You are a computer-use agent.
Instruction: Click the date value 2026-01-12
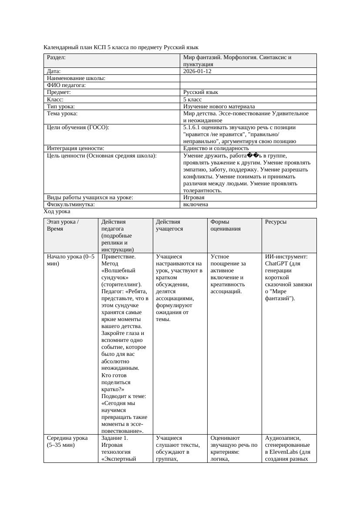(x=197, y=71)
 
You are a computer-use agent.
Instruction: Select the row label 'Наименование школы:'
(x=76, y=78)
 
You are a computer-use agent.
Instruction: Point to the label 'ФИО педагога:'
(x=66, y=85)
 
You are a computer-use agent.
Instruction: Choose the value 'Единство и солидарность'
(x=216, y=148)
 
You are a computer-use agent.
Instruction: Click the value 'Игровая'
(x=194, y=198)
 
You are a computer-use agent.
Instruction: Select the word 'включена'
(x=195, y=204)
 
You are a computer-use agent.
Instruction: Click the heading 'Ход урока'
(x=57, y=211)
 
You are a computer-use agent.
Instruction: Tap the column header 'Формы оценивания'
(x=225, y=225)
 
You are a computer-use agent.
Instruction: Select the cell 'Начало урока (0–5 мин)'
(x=71, y=260)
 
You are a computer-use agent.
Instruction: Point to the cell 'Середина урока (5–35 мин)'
(x=67, y=442)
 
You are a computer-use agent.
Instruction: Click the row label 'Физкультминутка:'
(x=71, y=204)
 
